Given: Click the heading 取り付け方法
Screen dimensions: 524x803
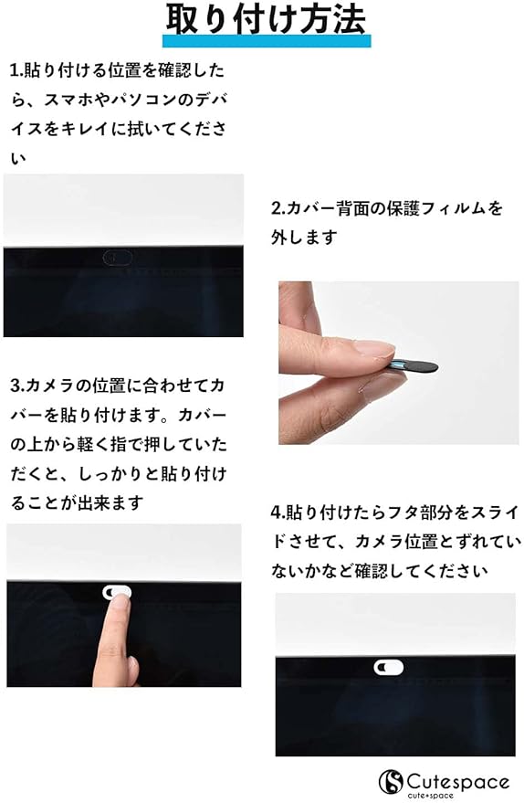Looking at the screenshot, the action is pyautogui.click(x=266, y=19).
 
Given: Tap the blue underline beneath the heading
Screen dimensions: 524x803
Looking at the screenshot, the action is pyautogui.click(x=267, y=41).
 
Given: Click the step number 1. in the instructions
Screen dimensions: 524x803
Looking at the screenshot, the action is pyautogui.click(x=16, y=70).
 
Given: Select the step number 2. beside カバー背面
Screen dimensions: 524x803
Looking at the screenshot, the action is pyautogui.click(x=278, y=208).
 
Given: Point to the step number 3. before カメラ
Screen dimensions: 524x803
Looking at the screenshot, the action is pyautogui.click(x=17, y=386).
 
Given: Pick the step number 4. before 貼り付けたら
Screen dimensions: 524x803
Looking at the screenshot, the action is pyautogui.click(x=278, y=512).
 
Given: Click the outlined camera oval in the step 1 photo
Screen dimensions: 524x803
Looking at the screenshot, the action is pyautogui.click(x=118, y=258).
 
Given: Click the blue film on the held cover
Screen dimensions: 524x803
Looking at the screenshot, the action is pyautogui.click(x=397, y=365).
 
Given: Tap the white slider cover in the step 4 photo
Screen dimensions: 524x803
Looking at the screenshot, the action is pyautogui.click(x=388, y=667).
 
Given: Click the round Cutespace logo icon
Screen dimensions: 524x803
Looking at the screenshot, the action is pyautogui.click(x=391, y=781).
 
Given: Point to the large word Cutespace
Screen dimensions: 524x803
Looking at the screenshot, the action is pyautogui.click(x=458, y=782).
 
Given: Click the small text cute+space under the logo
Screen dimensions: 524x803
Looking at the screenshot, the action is pyautogui.click(x=430, y=796).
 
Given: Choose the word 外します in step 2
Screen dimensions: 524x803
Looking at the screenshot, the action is pyautogui.click(x=305, y=238).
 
